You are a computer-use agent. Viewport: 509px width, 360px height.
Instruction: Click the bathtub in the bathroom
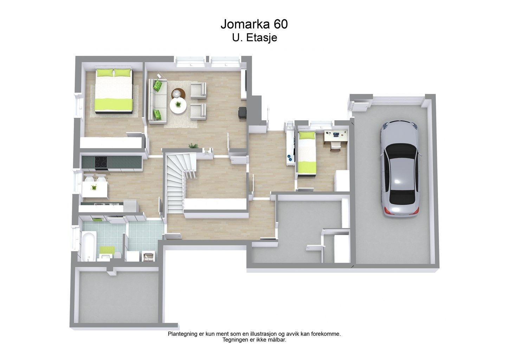[88, 246]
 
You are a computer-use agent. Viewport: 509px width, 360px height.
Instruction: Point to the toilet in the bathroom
[117, 255]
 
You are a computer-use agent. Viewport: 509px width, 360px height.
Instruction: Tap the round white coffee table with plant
[178, 105]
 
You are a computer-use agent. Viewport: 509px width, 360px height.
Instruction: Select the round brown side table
[178, 92]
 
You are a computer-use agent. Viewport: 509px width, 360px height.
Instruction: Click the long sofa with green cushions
[158, 101]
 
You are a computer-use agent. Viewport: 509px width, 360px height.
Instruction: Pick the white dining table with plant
[95, 189]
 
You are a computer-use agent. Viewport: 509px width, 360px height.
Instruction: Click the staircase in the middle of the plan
[179, 182]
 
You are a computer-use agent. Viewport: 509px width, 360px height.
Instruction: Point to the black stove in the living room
[242, 112]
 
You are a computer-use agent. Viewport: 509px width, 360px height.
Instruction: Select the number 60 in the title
[281, 24]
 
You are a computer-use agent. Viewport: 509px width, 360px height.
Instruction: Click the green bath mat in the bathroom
[105, 249]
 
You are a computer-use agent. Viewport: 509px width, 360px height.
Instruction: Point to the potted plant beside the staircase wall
[193, 146]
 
